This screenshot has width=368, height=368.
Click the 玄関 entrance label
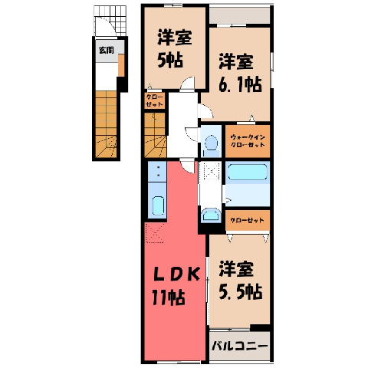coord(107,51)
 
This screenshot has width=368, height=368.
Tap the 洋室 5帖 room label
coord(174,48)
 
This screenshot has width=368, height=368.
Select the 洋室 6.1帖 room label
coord(240,73)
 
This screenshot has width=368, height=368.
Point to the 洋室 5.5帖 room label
coord(240,280)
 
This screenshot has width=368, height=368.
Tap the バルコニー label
coord(239,347)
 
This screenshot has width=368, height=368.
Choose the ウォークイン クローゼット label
coord(248,141)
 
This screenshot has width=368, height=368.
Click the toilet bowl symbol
coord(211,143)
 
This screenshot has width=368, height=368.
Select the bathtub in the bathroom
coord(248,172)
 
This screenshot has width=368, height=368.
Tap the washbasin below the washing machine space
coord(211,215)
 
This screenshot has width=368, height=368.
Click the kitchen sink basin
coord(158,206)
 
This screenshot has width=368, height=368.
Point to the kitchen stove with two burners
coord(158,172)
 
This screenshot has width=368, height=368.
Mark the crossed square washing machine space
coord(210,170)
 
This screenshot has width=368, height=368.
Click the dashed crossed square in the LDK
coord(155,232)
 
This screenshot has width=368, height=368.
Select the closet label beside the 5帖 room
coord(154,100)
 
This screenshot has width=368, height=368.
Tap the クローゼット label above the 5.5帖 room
coord(247,220)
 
